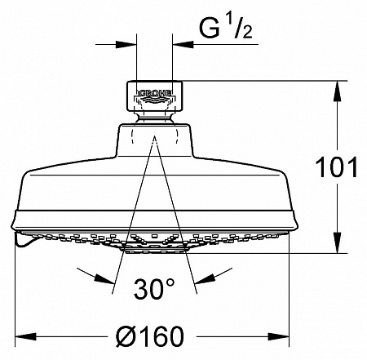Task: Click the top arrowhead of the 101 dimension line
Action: pos(335,87)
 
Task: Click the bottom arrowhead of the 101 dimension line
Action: pos(335,246)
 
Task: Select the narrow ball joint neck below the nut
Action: pos(153,116)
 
